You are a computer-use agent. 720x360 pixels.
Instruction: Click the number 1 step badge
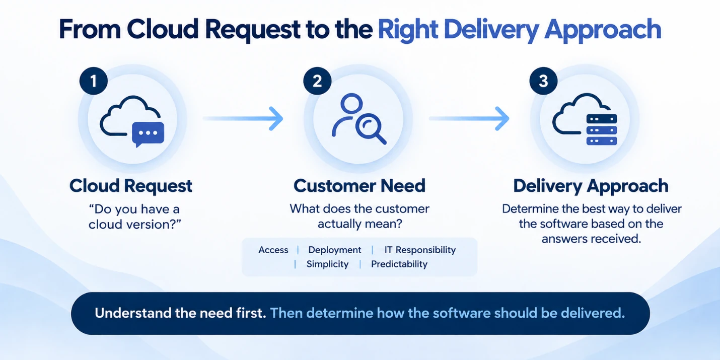(x=94, y=81)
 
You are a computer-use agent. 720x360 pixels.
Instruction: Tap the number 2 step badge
(x=317, y=81)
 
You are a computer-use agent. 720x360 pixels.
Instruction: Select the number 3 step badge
(x=544, y=81)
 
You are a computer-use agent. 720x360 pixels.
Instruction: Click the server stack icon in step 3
(x=602, y=129)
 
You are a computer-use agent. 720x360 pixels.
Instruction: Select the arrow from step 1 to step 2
(x=243, y=119)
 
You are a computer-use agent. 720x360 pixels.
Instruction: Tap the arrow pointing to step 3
(x=469, y=119)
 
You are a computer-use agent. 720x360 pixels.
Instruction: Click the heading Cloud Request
(x=131, y=186)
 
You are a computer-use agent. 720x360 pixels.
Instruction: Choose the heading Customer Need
(x=359, y=186)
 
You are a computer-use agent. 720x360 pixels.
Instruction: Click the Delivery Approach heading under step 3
(x=591, y=186)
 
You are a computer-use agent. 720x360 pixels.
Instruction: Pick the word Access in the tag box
(x=273, y=250)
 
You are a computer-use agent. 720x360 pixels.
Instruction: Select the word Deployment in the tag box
(x=335, y=250)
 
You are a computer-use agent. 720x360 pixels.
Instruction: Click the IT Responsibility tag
(x=420, y=250)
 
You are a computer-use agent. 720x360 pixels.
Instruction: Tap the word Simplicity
(x=328, y=264)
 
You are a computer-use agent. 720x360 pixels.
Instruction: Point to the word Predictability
(x=399, y=264)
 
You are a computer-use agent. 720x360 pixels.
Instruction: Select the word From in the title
(x=90, y=29)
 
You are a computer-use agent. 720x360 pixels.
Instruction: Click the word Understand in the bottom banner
(x=134, y=313)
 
